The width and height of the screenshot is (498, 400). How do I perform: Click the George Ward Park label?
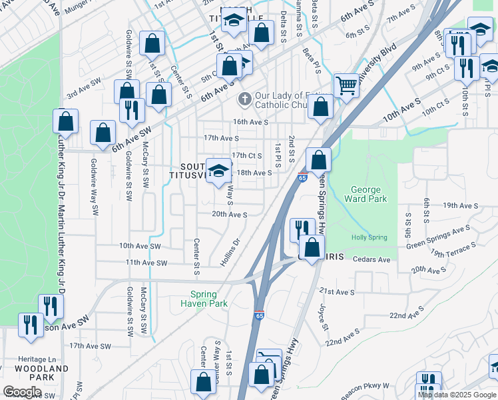pos(366,194)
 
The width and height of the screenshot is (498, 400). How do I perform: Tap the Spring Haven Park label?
pos(209,299)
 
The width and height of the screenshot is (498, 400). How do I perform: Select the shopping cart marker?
pos(346,85)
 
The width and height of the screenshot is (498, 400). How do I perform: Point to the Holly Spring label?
pos(368,238)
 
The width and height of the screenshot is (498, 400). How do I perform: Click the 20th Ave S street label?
pos(230,215)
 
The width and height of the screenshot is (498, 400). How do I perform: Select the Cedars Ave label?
pos(372,259)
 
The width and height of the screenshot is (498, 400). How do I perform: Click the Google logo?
pos(22,391)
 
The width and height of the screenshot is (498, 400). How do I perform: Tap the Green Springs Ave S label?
pos(439,237)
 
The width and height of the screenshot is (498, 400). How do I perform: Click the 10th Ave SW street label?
pos(140,246)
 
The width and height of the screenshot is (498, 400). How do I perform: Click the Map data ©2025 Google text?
pos(457,395)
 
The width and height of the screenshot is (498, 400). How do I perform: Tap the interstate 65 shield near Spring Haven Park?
pos(259,317)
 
